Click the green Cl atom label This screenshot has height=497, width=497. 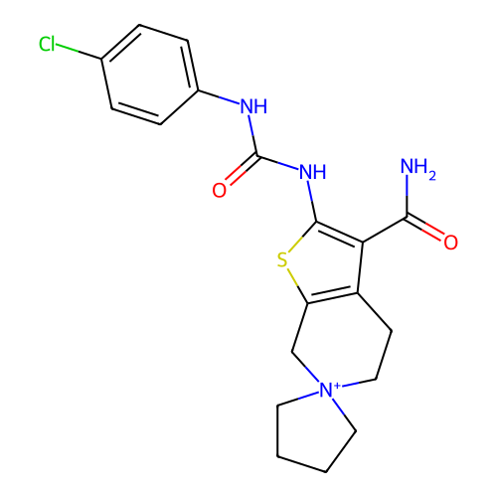(x=47, y=44)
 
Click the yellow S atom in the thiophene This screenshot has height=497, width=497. (x=282, y=260)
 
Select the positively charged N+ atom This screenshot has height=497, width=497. (x=326, y=390)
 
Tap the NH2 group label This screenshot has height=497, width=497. (x=417, y=168)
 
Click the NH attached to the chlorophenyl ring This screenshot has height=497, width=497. (x=253, y=106)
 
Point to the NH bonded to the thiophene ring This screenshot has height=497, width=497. (x=313, y=172)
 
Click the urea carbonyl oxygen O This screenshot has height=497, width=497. (x=220, y=191)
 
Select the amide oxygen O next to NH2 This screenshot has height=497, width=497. (x=451, y=243)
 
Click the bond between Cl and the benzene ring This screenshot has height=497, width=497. (x=79, y=52)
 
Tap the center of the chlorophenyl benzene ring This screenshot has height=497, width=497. (x=150, y=75)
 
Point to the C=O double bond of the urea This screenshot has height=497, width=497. (x=243, y=169)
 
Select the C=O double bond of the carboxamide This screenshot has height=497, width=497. (x=425, y=228)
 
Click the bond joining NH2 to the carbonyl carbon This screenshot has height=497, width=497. (x=407, y=197)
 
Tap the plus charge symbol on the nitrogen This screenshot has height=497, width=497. (x=337, y=386)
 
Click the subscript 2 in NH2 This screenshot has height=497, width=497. (x=432, y=176)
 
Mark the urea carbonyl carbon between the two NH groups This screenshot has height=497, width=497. (x=257, y=155)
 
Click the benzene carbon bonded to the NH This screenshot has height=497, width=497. (x=198, y=90)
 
